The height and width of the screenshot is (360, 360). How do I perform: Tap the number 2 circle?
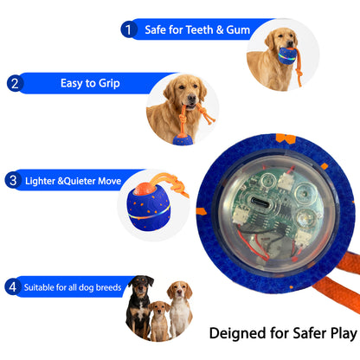pos(14,84)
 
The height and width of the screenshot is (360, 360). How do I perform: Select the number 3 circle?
pos(13,181)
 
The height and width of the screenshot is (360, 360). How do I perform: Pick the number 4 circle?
pos(12,286)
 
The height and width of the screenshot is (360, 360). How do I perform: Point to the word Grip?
pos(108,84)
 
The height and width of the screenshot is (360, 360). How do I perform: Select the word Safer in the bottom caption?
pos(303,332)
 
